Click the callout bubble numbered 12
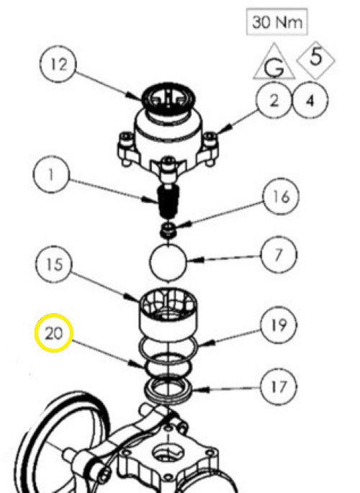(58, 64)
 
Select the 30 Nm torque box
(276, 22)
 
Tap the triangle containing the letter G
(274, 62)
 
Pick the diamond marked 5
(315, 60)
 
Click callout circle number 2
(274, 100)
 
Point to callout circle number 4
(310, 100)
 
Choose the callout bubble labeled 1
(51, 174)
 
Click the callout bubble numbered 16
(281, 196)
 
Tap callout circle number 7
(279, 255)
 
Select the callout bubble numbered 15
(53, 264)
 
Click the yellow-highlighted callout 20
(54, 333)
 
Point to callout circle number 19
(279, 325)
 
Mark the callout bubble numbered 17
(279, 387)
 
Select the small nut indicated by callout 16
(168, 230)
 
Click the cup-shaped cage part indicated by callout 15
(168, 315)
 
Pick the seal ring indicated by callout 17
(168, 390)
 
